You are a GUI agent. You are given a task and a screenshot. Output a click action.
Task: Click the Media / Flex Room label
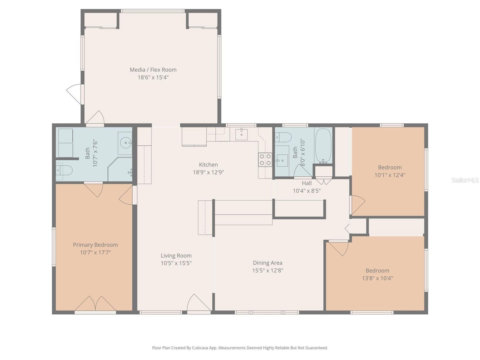[153, 70]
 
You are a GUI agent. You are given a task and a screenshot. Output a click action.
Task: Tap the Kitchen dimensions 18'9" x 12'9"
[208, 172]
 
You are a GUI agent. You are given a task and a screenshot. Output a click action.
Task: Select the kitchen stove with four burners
[265, 160]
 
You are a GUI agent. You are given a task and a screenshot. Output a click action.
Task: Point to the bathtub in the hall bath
[323, 146]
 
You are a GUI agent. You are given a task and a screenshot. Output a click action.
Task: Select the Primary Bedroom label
[95, 245]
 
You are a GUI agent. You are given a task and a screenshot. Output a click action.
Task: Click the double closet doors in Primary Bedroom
[95, 304]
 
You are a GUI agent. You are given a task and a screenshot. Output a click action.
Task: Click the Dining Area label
[267, 263]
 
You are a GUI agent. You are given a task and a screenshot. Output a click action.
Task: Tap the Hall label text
[307, 183]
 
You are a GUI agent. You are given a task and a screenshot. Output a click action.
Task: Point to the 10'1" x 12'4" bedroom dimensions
[390, 175]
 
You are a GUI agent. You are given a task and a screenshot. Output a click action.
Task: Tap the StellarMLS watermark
[465, 180]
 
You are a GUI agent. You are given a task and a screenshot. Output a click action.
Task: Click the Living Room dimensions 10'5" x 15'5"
[176, 263]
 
